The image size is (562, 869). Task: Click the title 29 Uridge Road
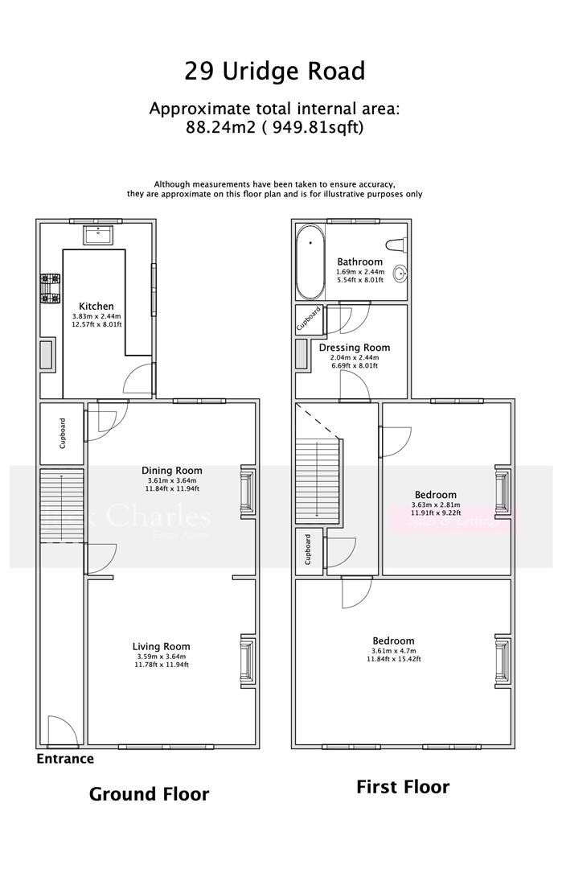coord(275,72)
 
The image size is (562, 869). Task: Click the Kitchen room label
coord(96,307)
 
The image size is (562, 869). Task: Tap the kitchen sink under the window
coord(100,236)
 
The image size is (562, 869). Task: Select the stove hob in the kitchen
coord(51,290)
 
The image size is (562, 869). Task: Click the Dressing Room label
coord(354,348)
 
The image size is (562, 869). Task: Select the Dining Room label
coord(171,471)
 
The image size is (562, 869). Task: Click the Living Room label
coord(161,646)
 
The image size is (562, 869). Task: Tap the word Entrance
coord(65,759)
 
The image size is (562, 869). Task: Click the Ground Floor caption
coord(149,794)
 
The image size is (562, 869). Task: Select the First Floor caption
coord(403,786)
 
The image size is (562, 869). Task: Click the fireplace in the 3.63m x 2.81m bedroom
coord(502,492)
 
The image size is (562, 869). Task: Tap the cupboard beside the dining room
coord(62,433)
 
